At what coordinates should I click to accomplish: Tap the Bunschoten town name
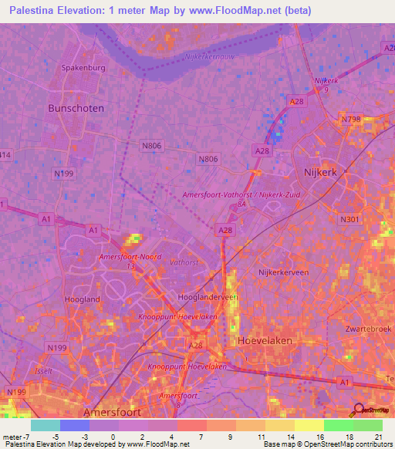[x=76, y=109]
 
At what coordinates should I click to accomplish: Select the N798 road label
[x=351, y=119]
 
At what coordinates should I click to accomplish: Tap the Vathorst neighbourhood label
[x=184, y=262]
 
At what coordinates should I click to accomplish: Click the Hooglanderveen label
[x=208, y=297]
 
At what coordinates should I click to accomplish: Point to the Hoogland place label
[x=84, y=299]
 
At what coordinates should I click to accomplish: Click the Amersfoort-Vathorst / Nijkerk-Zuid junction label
[x=241, y=195]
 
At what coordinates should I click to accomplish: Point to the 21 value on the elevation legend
[x=378, y=436]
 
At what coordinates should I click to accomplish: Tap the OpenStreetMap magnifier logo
[x=359, y=410]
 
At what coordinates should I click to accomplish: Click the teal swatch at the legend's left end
[x=45, y=424]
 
